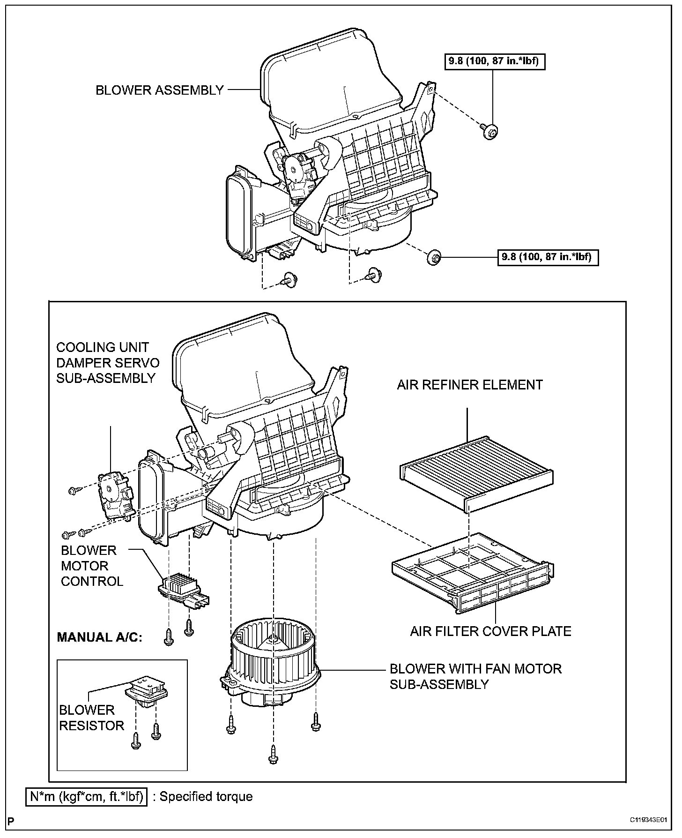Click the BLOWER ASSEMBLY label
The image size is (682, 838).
(x=159, y=90)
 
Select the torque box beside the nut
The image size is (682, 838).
(x=547, y=257)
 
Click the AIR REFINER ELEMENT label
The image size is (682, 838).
(x=469, y=385)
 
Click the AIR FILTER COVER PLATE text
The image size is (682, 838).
(x=490, y=632)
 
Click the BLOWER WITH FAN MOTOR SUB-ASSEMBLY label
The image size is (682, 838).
(x=475, y=676)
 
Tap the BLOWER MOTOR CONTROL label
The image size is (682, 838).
(x=92, y=566)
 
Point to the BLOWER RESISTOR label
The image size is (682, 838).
(x=91, y=718)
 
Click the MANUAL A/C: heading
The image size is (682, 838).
(x=99, y=637)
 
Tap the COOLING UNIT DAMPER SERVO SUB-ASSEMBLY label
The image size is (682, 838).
(x=108, y=363)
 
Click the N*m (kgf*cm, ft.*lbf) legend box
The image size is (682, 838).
(x=86, y=797)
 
